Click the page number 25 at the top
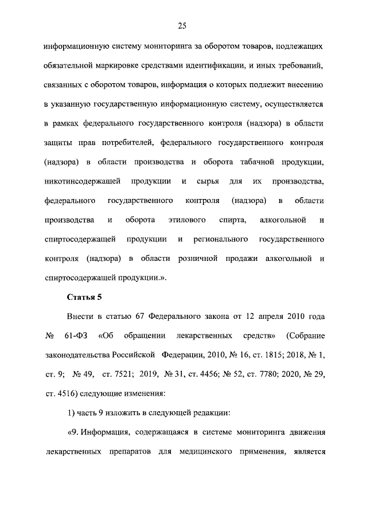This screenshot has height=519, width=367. coord(183,25)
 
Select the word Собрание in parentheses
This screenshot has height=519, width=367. coord(307,334)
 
